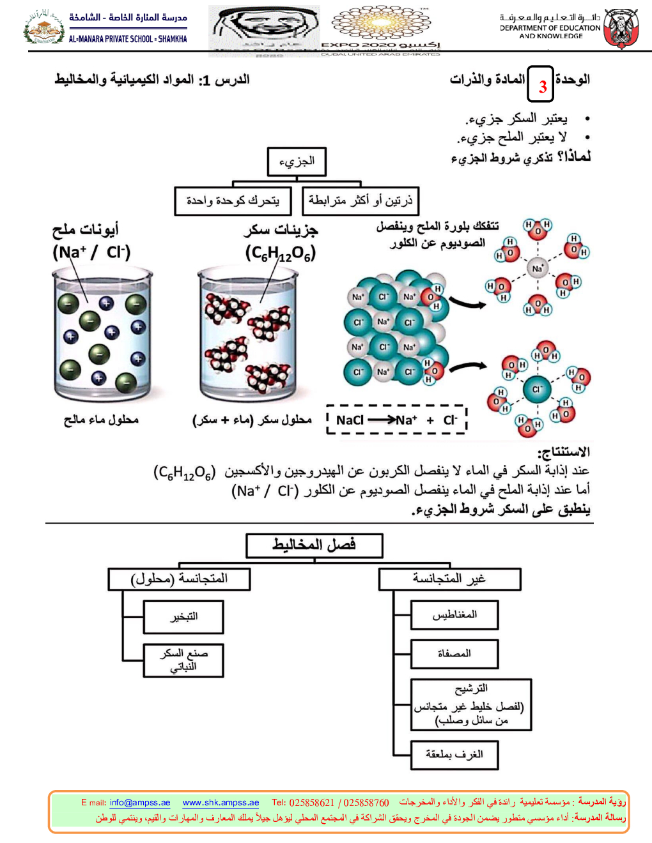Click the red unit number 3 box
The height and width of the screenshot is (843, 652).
(541, 84)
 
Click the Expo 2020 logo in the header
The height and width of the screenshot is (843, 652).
(382, 29)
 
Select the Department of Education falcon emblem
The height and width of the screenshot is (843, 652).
(621, 29)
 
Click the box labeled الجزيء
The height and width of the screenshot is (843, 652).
(297, 162)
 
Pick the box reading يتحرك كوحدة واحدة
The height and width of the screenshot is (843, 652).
(233, 201)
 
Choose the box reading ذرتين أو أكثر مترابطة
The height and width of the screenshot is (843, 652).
(361, 201)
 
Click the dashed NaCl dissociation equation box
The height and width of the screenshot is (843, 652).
(396, 420)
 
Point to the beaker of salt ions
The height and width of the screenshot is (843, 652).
(102, 335)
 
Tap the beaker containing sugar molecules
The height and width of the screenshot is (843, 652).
(248, 335)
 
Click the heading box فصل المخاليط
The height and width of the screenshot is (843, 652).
(314, 545)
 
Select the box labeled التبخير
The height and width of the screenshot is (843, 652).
(183, 617)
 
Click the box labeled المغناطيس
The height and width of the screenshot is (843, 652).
(454, 614)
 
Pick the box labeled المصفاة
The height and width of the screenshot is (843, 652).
(454, 653)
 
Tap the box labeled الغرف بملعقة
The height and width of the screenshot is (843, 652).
(454, 755)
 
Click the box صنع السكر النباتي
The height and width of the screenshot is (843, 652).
(183, 660)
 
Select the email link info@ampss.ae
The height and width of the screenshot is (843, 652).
(140, 803)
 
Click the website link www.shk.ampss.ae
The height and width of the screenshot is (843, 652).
(221, 803)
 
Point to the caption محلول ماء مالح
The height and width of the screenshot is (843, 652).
(101, 420)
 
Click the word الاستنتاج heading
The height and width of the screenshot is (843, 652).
(563, 452)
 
